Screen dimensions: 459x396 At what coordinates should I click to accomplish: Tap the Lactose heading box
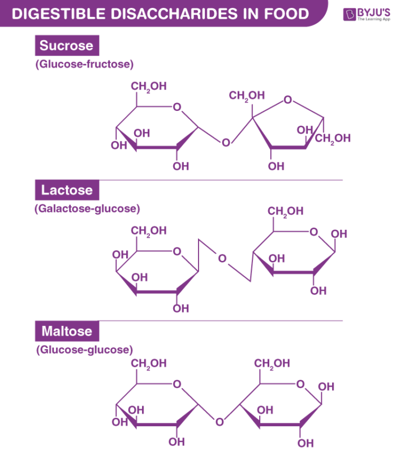coord(67,190)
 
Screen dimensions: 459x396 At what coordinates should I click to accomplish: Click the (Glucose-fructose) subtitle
coord(84,64)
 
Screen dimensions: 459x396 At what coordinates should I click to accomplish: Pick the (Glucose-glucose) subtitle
coord(84,349)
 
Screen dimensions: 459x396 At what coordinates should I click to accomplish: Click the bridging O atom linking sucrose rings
coord(226,142)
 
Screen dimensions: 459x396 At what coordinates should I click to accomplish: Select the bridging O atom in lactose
coord(222,259)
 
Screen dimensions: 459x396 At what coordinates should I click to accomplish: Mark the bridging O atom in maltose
coord(219,421)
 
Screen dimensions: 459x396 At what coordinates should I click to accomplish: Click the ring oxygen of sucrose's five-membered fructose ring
coord(289,100)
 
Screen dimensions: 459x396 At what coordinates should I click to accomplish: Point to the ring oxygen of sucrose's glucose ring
coord(177,106)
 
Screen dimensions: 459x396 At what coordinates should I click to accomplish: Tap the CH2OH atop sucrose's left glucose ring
coord(149,86)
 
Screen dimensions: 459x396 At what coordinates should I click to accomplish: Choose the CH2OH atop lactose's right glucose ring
coord(286,211)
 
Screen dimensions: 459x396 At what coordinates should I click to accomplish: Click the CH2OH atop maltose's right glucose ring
coord(272,363)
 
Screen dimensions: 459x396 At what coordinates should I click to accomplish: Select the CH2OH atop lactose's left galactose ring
coord(149,230)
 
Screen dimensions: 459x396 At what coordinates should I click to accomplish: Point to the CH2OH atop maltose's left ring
coord(149,363)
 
